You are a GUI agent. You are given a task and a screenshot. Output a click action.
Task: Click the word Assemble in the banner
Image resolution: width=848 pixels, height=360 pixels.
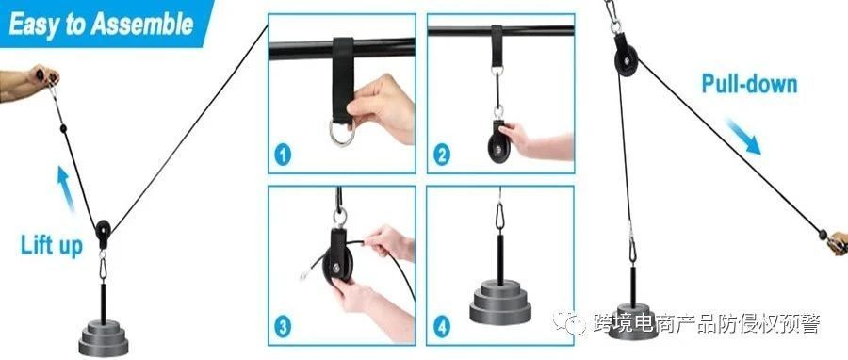pyautogui.click(x=141, y=25)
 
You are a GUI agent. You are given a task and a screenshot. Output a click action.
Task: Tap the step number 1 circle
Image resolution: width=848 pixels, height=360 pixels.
pyautogui.click(x=283, y=155)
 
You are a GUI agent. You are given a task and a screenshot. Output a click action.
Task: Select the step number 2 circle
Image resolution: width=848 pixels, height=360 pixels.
pyautogui.click(x=442, y=155)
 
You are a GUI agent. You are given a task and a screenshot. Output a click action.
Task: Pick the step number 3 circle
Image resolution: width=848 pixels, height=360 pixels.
pyautogui.click(x=283, y=326)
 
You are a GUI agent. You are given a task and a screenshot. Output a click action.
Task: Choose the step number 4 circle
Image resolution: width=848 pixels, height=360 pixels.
pyautogui.click(x=442, y=326)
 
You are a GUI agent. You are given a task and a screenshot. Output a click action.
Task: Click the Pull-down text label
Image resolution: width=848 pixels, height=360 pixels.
pyautogui.click(x=750, y=84)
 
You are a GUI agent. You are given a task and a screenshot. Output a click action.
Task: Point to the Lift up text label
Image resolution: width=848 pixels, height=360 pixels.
pyautogui.click(x=52, y=245)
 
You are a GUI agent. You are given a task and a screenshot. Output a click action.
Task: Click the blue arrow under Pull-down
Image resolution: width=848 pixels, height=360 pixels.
pyautogui.click(x=743, y=137)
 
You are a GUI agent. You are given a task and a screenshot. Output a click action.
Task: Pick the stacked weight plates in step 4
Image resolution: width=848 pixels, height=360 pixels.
pyautogui.click(x=500, y=303)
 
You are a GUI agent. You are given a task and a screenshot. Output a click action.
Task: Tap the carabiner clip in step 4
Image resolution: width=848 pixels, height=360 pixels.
pyautogui.click(x=499, y=215)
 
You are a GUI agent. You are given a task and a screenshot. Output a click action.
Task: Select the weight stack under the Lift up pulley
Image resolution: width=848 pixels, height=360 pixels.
pyautogui.click(x=104, y=338)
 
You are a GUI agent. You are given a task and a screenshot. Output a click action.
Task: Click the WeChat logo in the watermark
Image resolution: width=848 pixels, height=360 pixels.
pyautogui.click(x=569, y=322)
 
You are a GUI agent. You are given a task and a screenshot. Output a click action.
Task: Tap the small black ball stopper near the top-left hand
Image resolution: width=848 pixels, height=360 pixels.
pyautogui.click(x=63, y=128)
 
